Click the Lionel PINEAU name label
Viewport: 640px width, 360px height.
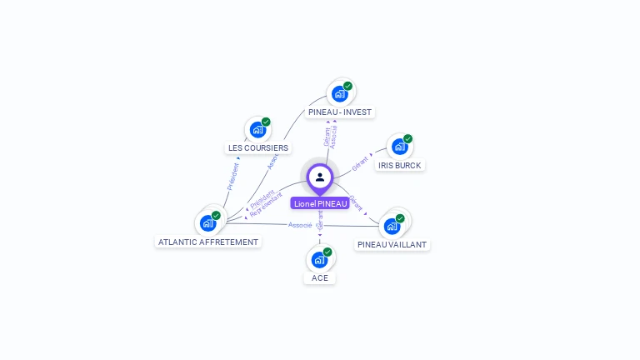[320, 203]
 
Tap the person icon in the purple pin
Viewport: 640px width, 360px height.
[320, 177]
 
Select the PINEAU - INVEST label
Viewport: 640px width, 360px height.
[340, 112]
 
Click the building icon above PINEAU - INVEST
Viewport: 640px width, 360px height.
[339, 93]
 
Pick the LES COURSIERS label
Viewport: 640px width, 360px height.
[258, 147]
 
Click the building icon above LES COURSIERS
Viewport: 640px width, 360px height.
[257, 130]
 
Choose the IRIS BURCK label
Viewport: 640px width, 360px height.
[400, 165]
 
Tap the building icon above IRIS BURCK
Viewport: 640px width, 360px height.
[399, 147]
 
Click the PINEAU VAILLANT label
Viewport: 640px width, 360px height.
[392, 244]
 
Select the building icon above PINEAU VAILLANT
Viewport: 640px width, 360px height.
[392, 225]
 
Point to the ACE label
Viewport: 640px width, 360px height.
[320, 277]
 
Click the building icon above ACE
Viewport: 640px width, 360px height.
[319, 259]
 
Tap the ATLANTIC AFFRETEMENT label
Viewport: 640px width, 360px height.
[208, 242]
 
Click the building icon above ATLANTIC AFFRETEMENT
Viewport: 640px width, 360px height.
[207, 222]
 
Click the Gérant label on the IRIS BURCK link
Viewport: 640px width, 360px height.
[360, 163]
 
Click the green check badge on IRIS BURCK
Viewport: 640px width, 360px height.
[407, 139]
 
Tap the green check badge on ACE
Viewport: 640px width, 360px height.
[327, 252]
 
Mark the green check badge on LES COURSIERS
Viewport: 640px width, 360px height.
[266, 122]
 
